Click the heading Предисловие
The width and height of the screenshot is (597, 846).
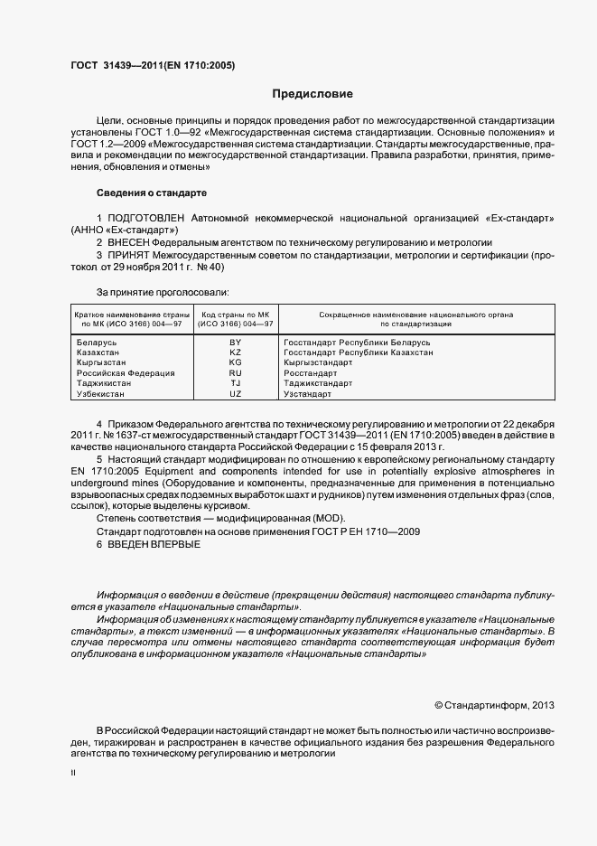coord(313,94)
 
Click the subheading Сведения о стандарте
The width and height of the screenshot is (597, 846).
coord(152,193)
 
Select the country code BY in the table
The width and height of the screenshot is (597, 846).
coord(236,343)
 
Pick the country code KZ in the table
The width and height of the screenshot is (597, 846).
coord(236,352)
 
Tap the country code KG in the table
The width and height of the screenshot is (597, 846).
coord(236,362)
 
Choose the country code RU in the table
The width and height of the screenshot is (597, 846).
coord(236,372)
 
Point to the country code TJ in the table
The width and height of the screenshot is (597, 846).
coord(236,383)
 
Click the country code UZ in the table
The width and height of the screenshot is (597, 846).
coord(236,393)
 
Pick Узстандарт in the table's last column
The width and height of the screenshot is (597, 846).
coord(308,393)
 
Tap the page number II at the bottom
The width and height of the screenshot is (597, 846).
coord(73,774)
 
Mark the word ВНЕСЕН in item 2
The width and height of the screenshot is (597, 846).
coord(127,243)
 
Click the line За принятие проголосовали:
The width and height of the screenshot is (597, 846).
coord(163,292)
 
